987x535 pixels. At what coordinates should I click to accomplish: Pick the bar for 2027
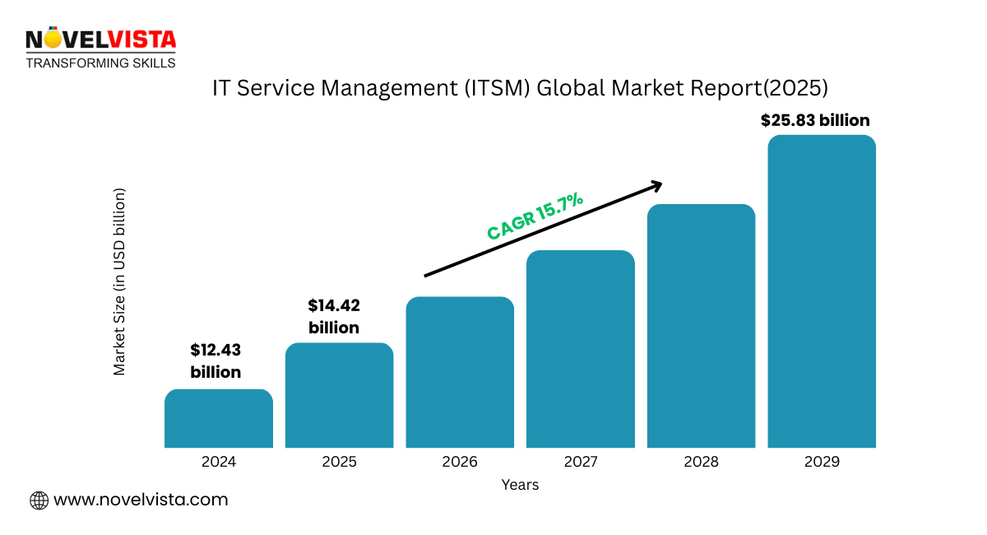[x=581, y=349]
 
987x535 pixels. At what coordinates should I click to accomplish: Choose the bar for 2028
[x=701, y=326]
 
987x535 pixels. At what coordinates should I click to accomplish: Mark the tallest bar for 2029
[x=822, y=291]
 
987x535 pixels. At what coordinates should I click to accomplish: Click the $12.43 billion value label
[x=215, y=361]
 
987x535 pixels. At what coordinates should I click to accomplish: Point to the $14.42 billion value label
[x=334, y=317]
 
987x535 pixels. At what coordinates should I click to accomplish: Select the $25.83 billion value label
[x=814, y=120]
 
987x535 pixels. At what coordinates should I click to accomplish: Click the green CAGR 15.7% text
[x=535, y=216]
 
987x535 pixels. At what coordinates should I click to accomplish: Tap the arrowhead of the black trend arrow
[x=657, y=184]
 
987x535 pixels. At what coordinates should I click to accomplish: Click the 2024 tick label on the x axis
[x=218, y=462]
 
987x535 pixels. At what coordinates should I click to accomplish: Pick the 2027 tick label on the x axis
[x=581, y=462]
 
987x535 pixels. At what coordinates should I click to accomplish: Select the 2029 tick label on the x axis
[x=822, y=462]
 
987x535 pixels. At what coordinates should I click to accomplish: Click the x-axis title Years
[x=520, y=485]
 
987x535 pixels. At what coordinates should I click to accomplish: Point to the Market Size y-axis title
[x=120, y=282]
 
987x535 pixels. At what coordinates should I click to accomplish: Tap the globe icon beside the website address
[x=39, y=500]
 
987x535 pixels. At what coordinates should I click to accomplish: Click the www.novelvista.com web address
[x=141, y=500]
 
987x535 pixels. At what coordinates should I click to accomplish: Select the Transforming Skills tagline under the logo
[x=100, y=63]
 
